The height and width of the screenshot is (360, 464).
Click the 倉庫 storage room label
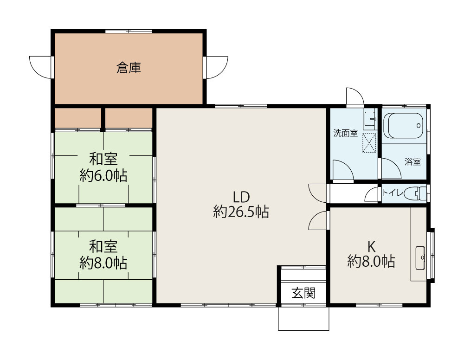pyautogui.click(x=129, y=68)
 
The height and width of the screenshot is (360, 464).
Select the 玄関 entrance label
pyautogui.click(x=303, y=293)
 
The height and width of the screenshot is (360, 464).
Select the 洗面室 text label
pyautogui.click(x=345, y=134)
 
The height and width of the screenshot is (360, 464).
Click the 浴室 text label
pyautogui.click(x=412, y=162)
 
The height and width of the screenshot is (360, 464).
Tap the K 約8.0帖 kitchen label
pyautogui.click(x=371, y=254)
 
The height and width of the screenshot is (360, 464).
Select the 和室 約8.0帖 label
pyautogui.click(x=103, y=254)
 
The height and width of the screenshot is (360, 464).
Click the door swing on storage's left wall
pyautogui.click(x=39, y=67)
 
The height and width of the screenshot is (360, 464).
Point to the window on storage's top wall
pyautogui.click(x=128, y=31)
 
